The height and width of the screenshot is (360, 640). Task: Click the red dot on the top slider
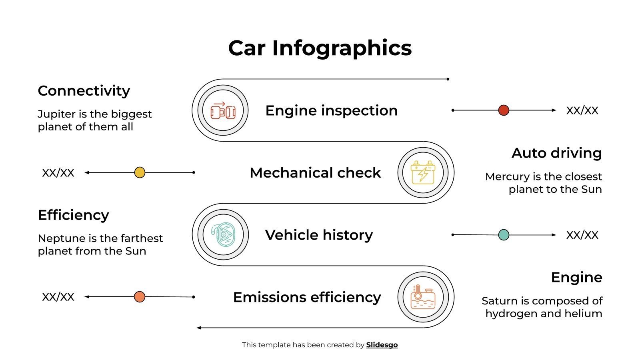click(504, 110)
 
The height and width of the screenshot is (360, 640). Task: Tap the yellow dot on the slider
click(140, 172)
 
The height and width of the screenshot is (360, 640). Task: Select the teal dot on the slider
click(504, 235)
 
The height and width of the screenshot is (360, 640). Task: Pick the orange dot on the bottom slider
click(139, 297)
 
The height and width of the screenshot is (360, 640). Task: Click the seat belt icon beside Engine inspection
click(223, 110)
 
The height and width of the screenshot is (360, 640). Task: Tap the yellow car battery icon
click(423, 172)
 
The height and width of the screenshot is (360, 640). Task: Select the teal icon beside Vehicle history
click(223, 234)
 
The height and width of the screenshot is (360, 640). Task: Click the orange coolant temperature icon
click(423, 297)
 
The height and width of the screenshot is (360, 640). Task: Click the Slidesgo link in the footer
click(382, 345)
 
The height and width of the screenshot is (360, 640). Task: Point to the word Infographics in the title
click(342, 48)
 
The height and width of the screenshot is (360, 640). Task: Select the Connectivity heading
click(84, 91)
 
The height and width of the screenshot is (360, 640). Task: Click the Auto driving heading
click(556, 153)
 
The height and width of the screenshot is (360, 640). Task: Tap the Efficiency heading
click(73, 215)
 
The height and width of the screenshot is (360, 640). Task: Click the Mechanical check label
click(315, 173)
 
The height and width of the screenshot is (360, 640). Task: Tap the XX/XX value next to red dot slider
click(582, 110)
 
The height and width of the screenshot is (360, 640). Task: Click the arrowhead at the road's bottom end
click(199, 328)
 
